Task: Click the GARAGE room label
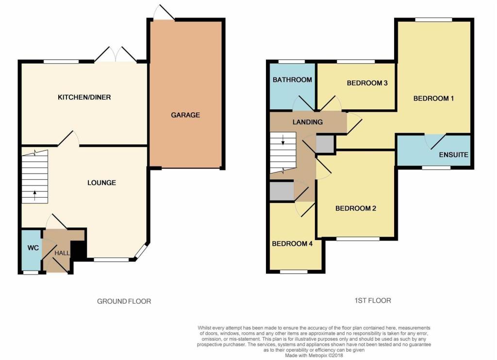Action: (x=185, y=115)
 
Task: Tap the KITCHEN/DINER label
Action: (x=84, y=97)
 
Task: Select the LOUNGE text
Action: (x=102, y=183)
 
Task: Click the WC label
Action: (x=33, y=248)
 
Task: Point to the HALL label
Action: (x=62, y=253)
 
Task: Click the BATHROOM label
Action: (x=292, y=80)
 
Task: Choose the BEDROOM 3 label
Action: (x=367, y=83)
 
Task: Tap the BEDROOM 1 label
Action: (x=433, y=98)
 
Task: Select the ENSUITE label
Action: (x=454, y=155)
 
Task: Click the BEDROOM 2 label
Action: (x=356, y=208)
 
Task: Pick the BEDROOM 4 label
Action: (x=292, y=243)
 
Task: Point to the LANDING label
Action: (x=307, y=122)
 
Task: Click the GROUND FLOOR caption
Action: (x=124, y=301)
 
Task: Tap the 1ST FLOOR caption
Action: (x=373, y=300)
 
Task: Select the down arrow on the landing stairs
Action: (x=283, y=139)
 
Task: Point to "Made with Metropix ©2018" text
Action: (x=314, y=356)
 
